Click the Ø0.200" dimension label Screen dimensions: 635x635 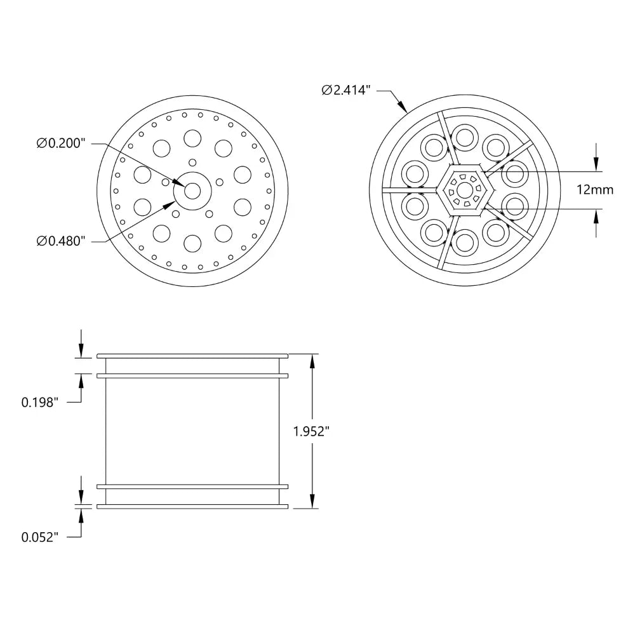(61, 144)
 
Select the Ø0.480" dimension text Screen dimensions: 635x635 (61, 241)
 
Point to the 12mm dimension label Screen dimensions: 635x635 (596, 190)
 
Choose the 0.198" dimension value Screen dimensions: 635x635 (40, 402)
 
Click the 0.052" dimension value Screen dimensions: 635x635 (40, 537)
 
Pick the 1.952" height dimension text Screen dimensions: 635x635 (311, 431)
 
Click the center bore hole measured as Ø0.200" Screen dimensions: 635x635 (192, 190)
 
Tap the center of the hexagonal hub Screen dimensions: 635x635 (465, 190)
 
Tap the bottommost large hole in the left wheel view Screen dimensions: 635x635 (192, 243)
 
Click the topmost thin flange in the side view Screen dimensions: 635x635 (193, 356)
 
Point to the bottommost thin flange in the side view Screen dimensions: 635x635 (193, 506)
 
